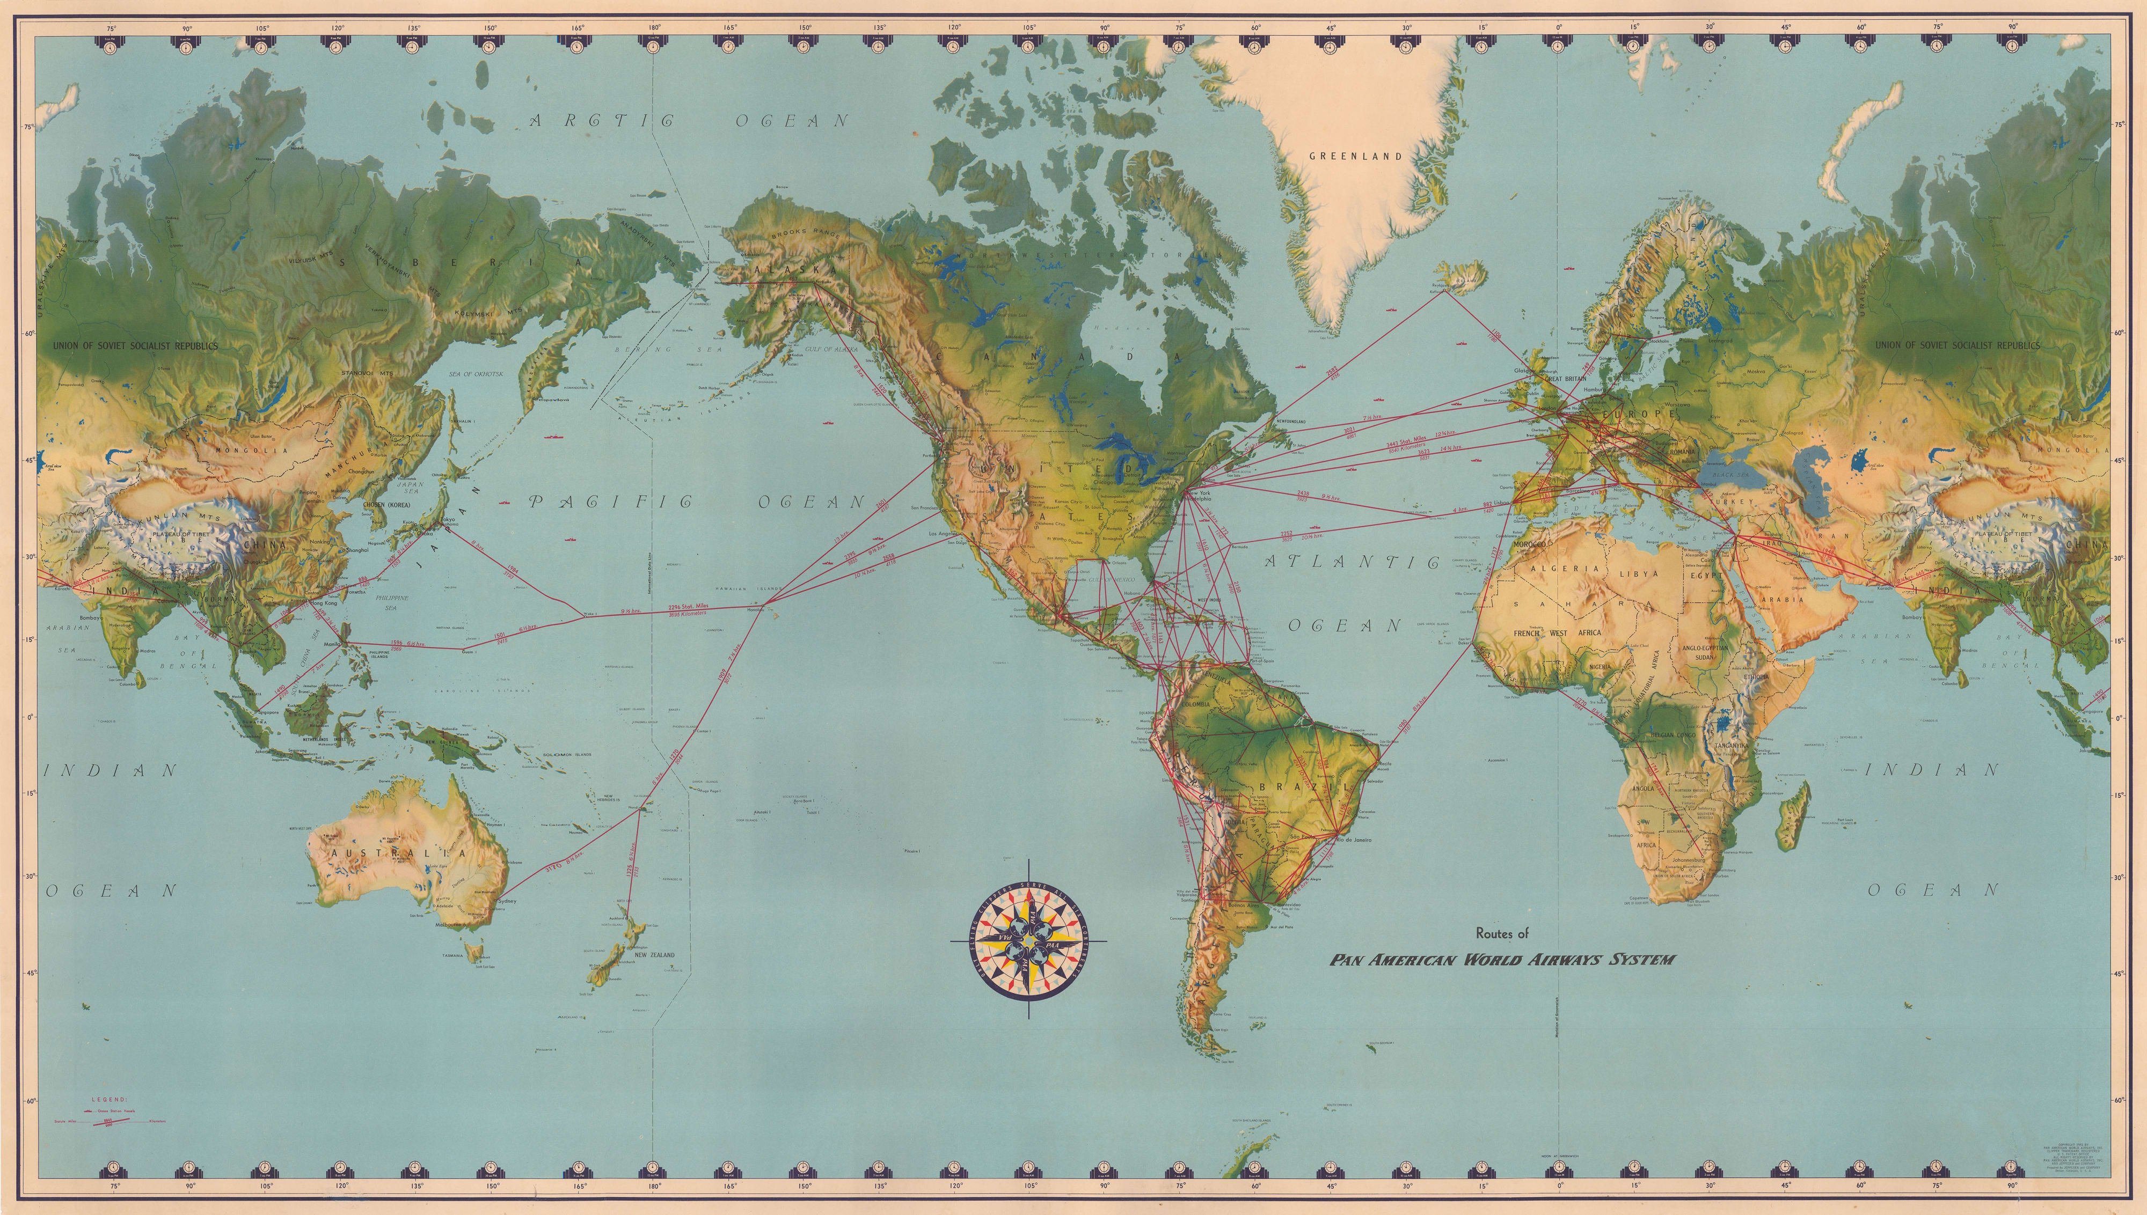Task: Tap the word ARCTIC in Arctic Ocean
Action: [x=602, y=121]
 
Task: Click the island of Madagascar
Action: [x=1797, y=814]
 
